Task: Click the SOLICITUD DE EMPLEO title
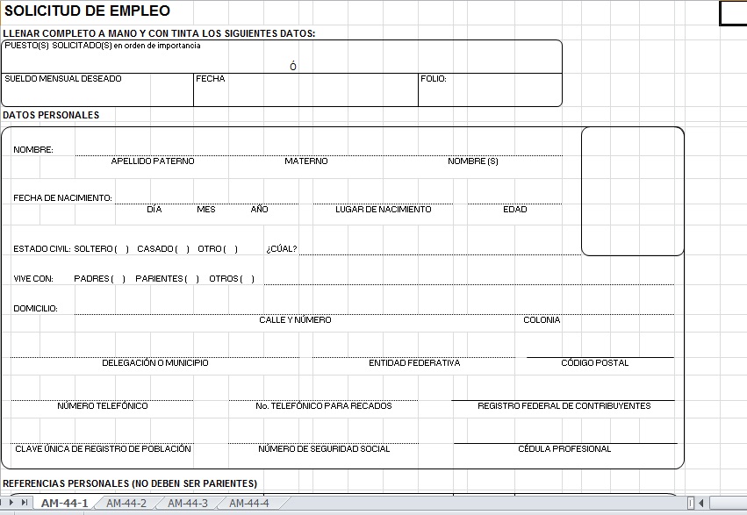pos(87,11)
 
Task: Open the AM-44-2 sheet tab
pos(126,503)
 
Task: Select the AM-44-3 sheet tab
pos(188,503)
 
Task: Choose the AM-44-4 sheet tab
pos(249,503)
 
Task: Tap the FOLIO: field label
pos(434,79)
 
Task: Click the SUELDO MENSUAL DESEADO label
pos(63,79)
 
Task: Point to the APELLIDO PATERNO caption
pos(153,161)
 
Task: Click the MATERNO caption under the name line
pos(305,161)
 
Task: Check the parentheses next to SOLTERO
pos(121,249)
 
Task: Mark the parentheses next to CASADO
pos(182,249)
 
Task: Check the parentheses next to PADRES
pos(119,279)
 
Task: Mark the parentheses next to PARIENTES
pos(192,279)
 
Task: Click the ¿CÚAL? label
pos(282,249)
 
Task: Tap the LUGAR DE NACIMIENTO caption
pos(383,210)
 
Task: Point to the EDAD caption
pos(515,210)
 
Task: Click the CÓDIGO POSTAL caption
pos(594,363)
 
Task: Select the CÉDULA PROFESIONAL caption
pos(564,449)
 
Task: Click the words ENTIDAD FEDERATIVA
pos(414,363)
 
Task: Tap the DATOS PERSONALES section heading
pos(51,115)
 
